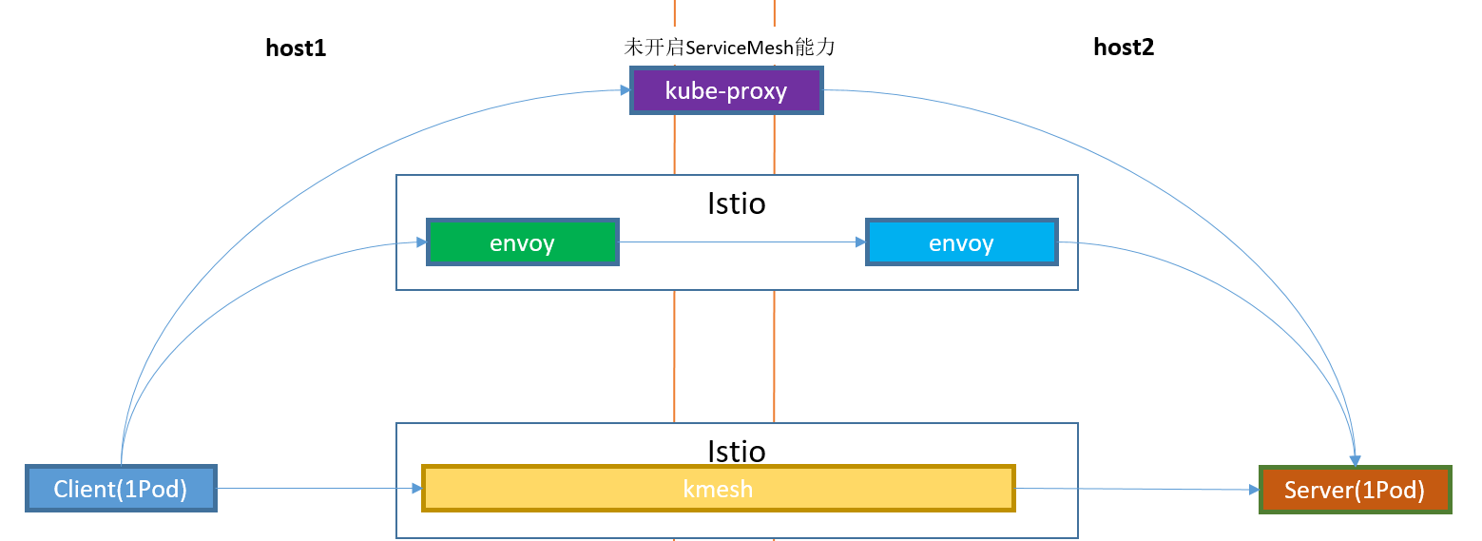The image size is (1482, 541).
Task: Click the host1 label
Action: coord(296,48)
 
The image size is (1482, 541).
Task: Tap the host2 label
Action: coord(1124,48)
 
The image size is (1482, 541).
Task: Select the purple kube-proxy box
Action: coord(726,90)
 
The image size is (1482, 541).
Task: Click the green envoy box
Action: coord(523,242)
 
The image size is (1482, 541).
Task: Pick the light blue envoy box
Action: coord(961,242)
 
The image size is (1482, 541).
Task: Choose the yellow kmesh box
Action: coord(718,489)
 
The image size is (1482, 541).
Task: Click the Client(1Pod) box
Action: coord(121,489)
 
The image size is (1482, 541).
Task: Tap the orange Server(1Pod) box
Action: coord(1355,490)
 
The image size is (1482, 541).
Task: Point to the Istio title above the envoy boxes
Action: coord(737,203)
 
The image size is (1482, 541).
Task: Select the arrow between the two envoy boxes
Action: coord(741,242)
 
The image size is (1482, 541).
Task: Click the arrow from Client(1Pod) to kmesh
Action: coord(318,488)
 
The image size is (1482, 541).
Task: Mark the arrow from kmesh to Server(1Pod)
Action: coord(1136,489)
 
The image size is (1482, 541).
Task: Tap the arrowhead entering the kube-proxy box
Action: coord(626,90)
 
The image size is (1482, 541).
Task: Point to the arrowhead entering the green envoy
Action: coord(421,242)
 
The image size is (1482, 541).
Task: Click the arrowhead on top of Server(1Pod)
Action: coord(1356,460)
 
